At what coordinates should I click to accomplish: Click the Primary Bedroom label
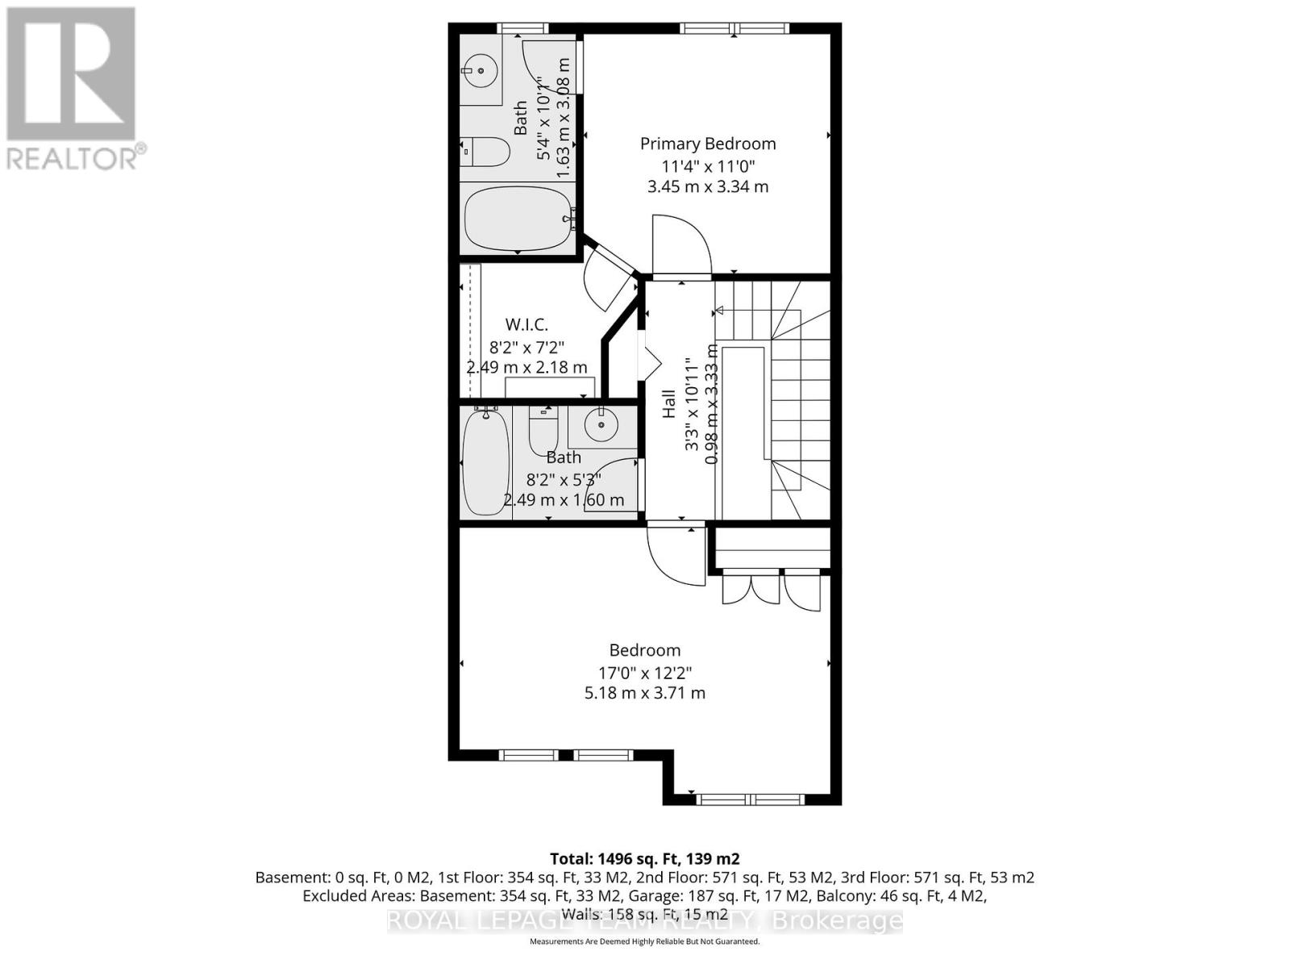[x=707, y=144]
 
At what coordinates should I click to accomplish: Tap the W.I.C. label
[x=526, y=324]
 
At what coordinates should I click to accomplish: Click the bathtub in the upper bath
[x=518, y=219]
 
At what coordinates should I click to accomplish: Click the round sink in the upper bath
[x=481, y=70]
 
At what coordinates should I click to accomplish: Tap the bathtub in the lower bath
[x=485, y=462]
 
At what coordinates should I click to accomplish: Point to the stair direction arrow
[x=718, y=311]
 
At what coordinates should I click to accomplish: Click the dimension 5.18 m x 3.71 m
[x=644, y=693]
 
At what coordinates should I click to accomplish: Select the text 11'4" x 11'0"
[x=707, y=167]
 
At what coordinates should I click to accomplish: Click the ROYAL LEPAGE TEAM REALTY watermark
[x=644, y=920]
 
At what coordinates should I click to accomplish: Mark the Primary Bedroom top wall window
[x=734, y=29]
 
